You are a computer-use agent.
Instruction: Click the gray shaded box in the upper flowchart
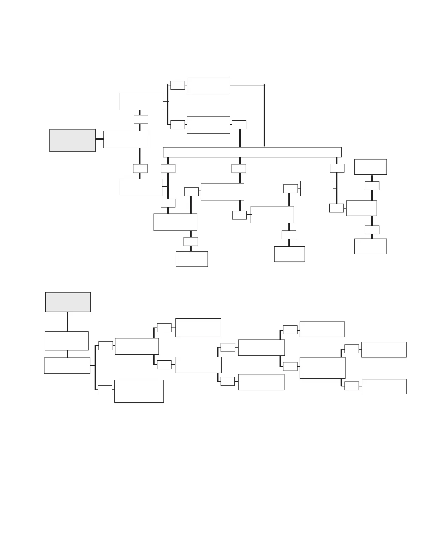pos(72,140)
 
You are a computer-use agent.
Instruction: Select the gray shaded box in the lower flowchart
pos(68,302)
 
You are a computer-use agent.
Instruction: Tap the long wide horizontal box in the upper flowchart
pos(252,152)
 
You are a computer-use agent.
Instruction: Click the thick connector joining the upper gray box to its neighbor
pos(99,139)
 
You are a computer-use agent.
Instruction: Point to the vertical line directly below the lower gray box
pos(67,321)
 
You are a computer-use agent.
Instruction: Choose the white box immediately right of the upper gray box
pos(125,139)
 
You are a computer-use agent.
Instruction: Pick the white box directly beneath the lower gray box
pos(67,341)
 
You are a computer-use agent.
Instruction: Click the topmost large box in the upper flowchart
pos(208,85)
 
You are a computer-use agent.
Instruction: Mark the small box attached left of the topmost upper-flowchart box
pos(178,85)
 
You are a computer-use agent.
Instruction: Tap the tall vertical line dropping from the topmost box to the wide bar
pos(264,116)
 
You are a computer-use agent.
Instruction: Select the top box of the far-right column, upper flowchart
pos(370,167)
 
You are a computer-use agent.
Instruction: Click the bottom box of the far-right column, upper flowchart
pos(370,246)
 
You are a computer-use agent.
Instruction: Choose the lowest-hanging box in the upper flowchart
pos(192,259)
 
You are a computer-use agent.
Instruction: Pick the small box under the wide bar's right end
pos(337,168)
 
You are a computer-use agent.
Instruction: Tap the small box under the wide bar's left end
pos(168,168)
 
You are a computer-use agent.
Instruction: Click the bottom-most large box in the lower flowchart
pos(139,391)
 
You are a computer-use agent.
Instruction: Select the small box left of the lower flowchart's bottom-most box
pos(105,390)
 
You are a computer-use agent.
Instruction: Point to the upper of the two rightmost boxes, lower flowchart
pos(384,349)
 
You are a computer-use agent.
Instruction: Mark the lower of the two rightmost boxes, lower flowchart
pos(384,386)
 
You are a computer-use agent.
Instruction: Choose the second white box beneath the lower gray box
pos(67,365)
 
